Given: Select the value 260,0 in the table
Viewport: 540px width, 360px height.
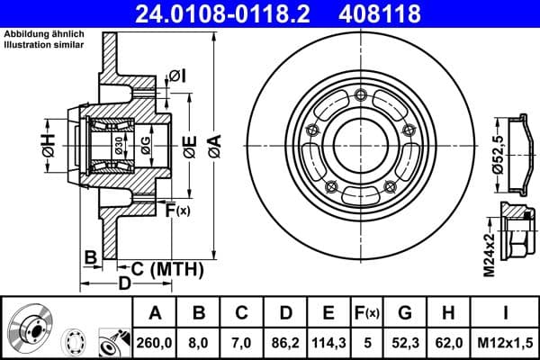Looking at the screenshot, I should pyautogui.click(x=155, y=342).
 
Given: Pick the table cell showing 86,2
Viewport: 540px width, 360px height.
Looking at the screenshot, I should pyautogui.click(x=284, y=342).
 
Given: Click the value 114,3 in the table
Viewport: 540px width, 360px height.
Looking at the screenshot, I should pyautogui.click(x=328, y=342).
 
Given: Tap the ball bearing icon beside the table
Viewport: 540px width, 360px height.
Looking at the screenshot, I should pyautogui.click(x=77, y=342).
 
